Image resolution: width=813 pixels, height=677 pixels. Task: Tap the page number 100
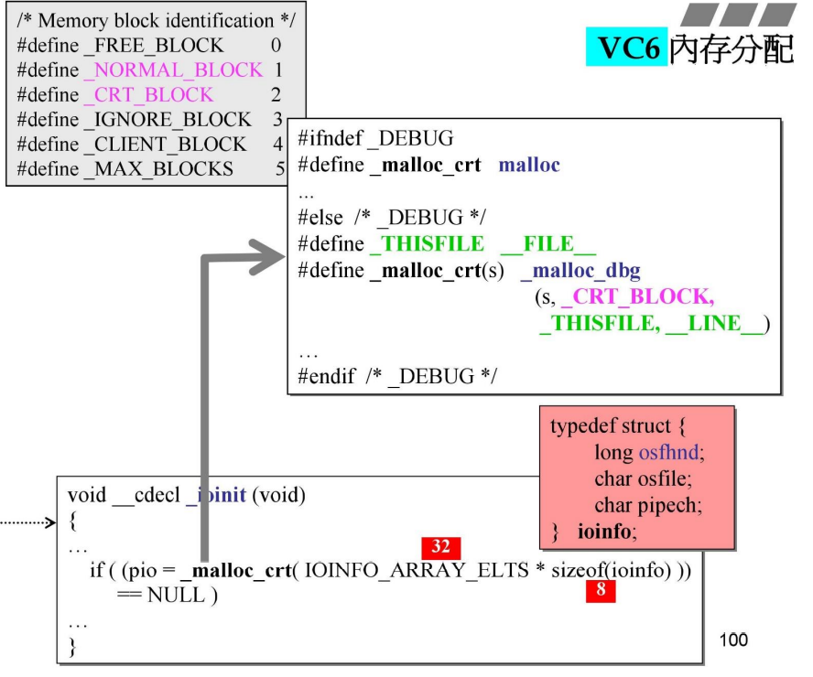pyautogui.click(x=733, y=639)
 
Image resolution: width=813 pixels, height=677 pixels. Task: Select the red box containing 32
pyautogui.click(x=440, y=547)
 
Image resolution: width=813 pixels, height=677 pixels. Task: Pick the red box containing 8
pyautogui.click(x=601, y=590)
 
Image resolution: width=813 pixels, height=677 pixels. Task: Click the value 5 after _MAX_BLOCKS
pyautogui.click(x=280, y=168)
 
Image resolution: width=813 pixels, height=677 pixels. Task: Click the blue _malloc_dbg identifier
pyautogui.click(x=580, y=271)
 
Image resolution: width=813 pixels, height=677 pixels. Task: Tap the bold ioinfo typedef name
pyautogui.click(x=607, y=530)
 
